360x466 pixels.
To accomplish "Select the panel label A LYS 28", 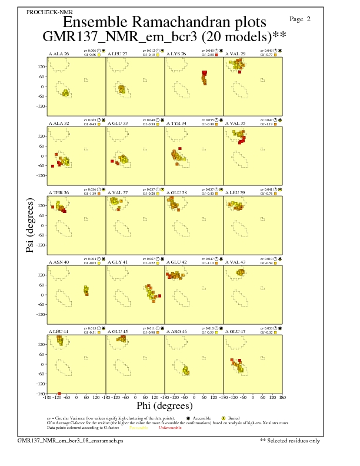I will point(176,54).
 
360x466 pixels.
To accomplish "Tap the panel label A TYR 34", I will point(176,124).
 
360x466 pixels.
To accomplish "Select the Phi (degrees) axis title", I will point(165,405).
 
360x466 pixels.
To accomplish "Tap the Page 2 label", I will point(301,19).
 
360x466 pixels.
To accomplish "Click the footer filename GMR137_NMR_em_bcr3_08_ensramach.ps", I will point(70,440).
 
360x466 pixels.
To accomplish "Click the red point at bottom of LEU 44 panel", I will point(59,393).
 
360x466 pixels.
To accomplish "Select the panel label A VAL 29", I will point(236,54).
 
